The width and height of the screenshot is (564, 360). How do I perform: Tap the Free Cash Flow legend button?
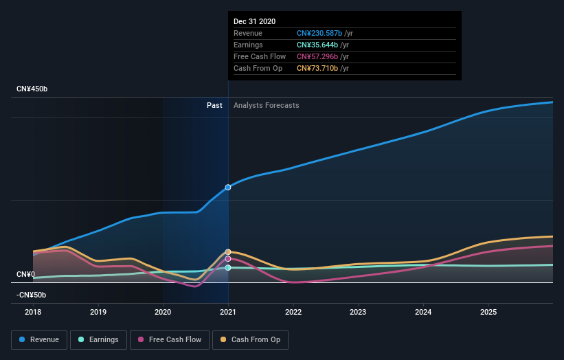(169, 339)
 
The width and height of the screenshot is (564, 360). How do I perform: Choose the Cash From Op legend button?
(251, 339)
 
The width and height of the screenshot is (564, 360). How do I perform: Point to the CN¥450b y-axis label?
(33, 89)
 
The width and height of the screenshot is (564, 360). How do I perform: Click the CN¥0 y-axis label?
(25, 274)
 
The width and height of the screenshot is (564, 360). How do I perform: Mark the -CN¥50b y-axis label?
(31, 295)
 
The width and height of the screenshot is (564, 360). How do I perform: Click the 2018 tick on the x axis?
(33, 311)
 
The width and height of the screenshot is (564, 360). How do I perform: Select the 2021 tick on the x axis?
(228, 311)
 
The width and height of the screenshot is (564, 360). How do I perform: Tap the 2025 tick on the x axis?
(488, 311)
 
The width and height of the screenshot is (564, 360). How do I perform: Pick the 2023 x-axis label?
(358, 311)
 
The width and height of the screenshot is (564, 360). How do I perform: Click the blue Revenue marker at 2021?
(228, 187)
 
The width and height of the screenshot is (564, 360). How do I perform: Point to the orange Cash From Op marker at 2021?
(228, 252)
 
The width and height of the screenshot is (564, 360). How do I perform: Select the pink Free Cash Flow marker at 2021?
(228, 259)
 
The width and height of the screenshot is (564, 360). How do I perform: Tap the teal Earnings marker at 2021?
(228, 267)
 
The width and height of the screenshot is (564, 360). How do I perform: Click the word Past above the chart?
(214, 105)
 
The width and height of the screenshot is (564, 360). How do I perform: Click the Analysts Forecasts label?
(266, 105)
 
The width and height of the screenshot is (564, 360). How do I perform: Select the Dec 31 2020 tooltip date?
(254, 21)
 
